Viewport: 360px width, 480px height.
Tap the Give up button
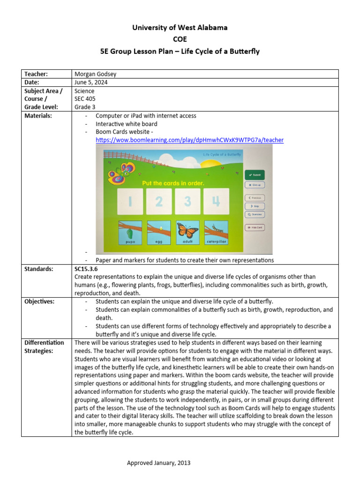255,185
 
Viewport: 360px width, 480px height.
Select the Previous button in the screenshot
255,198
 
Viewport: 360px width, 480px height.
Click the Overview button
255,214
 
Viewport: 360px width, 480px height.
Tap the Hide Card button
255,227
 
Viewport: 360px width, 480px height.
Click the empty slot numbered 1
130,202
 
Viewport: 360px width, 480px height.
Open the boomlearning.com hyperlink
189,140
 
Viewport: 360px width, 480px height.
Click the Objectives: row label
39,301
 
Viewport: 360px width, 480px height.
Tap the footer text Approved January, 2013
158,463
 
